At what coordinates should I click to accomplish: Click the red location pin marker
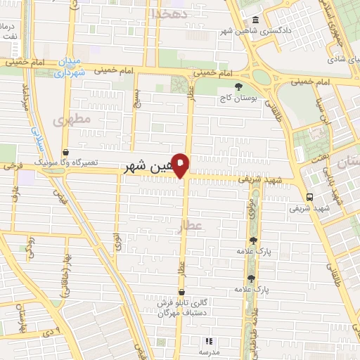click(x=181, y=165)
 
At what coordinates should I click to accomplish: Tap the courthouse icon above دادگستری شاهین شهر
click(x=254, y=20)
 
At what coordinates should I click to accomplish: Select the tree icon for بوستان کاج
click(x=239, y=86)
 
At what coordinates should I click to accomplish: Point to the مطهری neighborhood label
click(x=76, y=120)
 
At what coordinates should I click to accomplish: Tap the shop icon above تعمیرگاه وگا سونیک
click(x=65, y=151)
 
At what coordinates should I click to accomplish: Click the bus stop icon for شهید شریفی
click(x=309, y=197)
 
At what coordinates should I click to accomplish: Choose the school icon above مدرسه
click(x=208, y=341)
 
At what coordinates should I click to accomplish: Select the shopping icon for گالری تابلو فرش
click(x=182, y=291)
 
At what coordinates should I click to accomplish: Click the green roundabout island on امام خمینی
click(x=262, y=77)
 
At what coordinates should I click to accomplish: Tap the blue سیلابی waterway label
click(x=39, y=137)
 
